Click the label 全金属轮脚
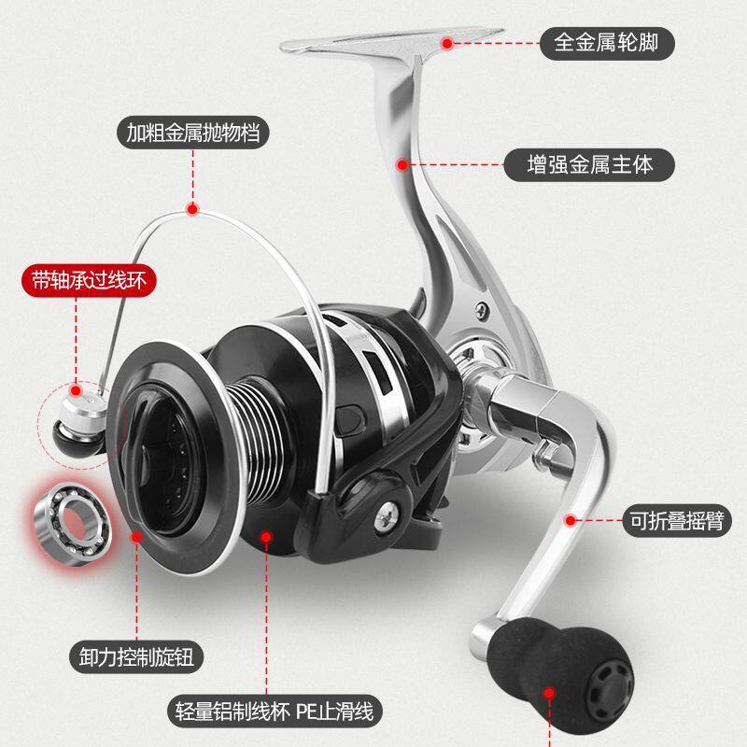(x=601, y=43)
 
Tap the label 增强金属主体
(x=589, y=165)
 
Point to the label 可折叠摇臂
(x=665, y=520)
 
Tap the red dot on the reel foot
(x=449, y=43)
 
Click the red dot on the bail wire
(x=194, y=209)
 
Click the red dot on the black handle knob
(x=550, y=695)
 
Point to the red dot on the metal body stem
(x=402, y=165)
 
